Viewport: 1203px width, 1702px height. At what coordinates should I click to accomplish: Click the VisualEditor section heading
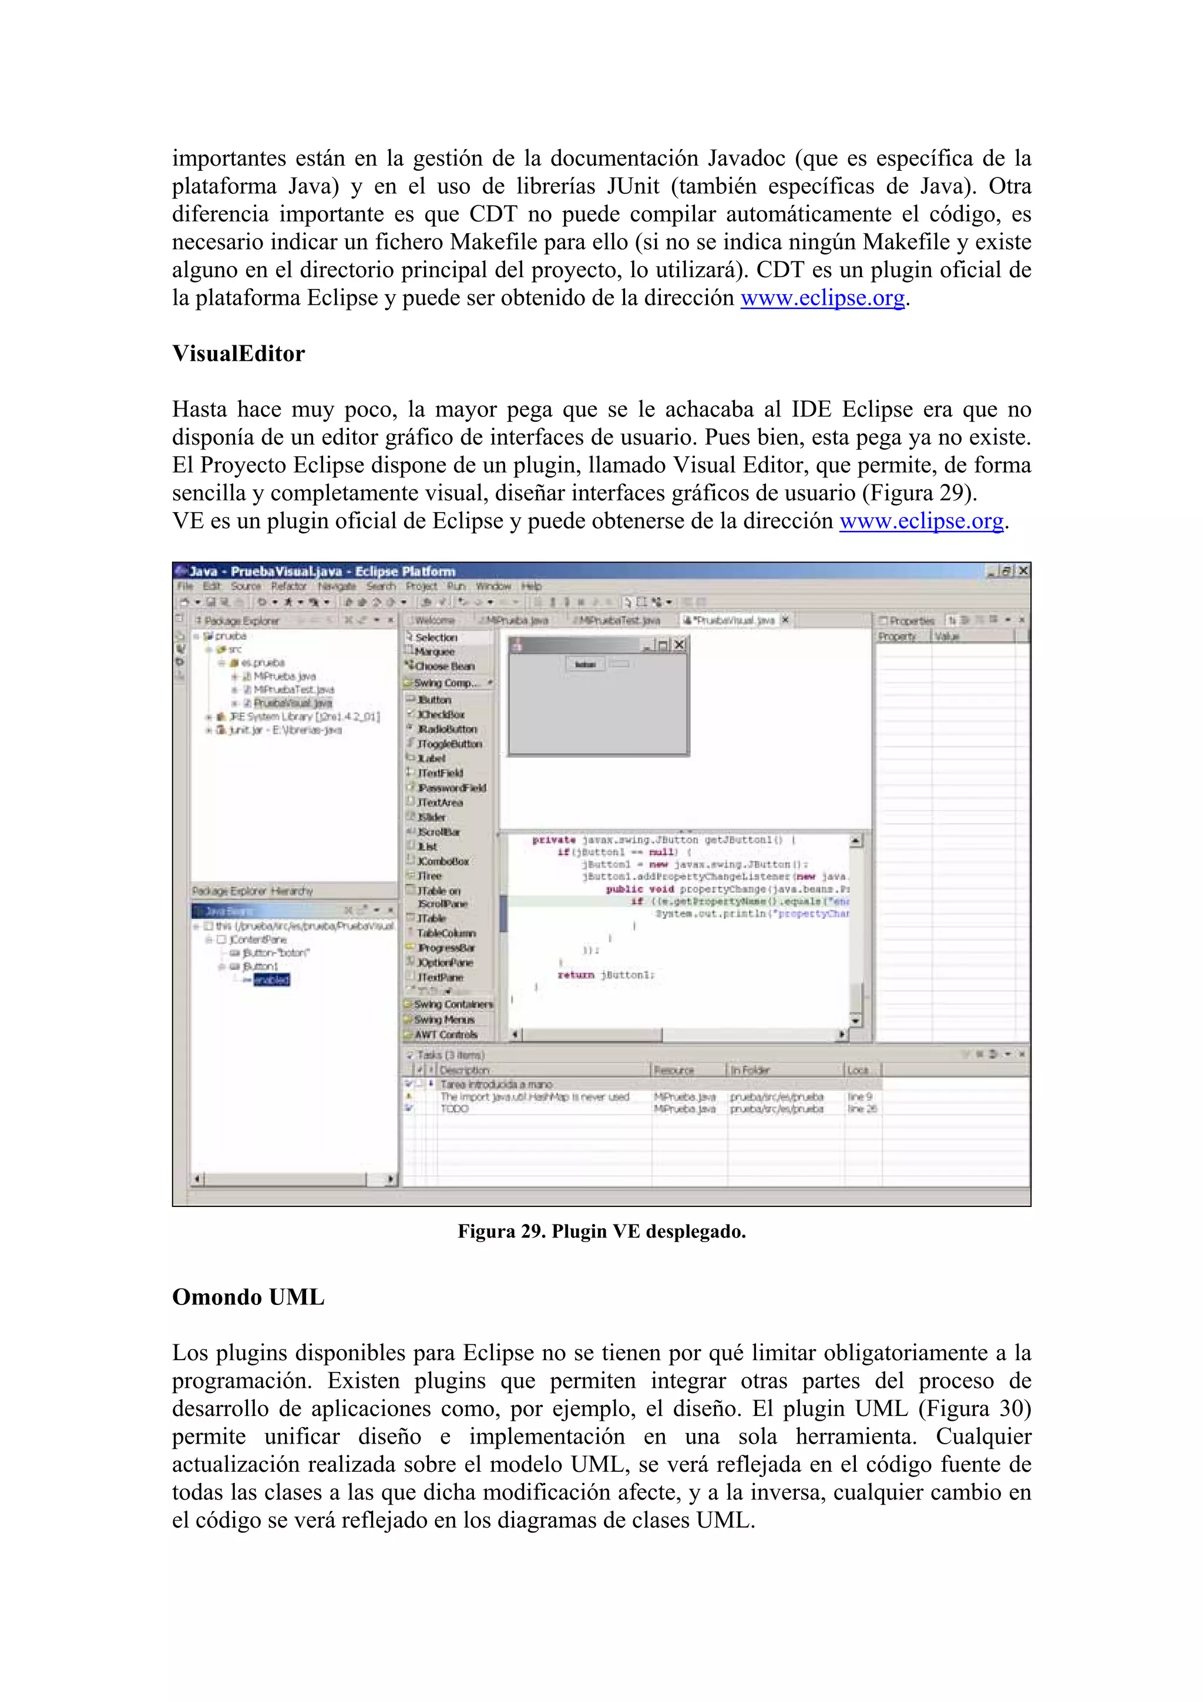click(x=238, y=354)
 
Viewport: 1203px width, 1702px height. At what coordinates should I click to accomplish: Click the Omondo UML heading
click(x=248, y=1297)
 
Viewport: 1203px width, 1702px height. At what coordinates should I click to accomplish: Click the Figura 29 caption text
click(x=601, y=1232)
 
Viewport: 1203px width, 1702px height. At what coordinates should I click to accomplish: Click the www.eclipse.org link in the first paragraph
click(x=823, y=298)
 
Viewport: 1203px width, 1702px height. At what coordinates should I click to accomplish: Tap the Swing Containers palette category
click(x=453, y=1004)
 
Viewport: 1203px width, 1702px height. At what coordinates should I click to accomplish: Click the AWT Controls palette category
click(x=445, y=1035)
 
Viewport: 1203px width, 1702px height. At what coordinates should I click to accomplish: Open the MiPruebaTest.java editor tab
click(x=618, y=620)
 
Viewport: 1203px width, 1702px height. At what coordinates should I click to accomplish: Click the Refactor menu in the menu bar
click(x=288, y=586)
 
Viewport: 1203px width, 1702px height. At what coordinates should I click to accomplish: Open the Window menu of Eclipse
click(x=493, y=586)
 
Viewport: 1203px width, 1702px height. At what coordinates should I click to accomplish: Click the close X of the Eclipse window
click(x=1023, y=571)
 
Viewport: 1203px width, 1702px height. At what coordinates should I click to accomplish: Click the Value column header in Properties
click(x=946, y=637)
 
